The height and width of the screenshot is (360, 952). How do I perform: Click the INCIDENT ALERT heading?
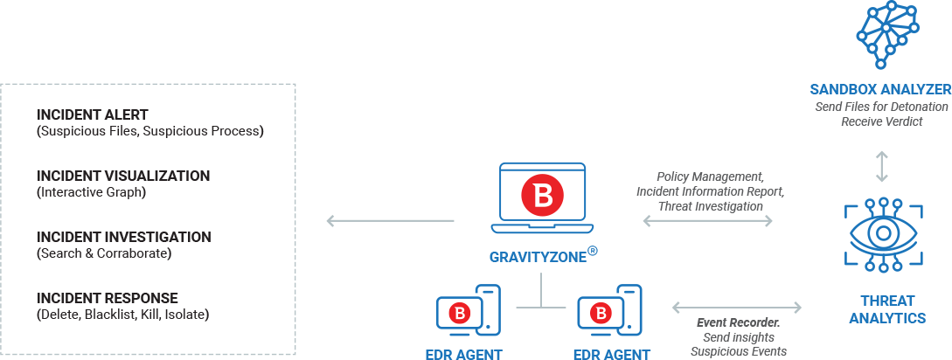click(93, 115)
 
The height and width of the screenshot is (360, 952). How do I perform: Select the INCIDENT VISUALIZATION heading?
click(123, 176)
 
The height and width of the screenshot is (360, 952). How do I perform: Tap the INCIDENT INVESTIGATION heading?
click(123, 237)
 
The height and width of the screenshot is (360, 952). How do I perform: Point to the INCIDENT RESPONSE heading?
click(108, 298)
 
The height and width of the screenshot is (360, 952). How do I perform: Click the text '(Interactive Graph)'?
click(91, 191)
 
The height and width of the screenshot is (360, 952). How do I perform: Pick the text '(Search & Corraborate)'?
click(104, 253)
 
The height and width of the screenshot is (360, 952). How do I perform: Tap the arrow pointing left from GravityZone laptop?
click(390, 221)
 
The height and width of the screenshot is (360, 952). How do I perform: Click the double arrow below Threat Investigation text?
click(707, 221)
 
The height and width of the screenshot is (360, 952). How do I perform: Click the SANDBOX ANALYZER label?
click(879, 89)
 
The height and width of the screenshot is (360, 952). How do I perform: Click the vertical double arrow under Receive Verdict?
click(881, 165)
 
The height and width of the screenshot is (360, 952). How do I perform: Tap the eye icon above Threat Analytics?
click(881, 232)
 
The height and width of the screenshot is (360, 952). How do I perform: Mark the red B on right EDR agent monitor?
click(601, 313)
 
